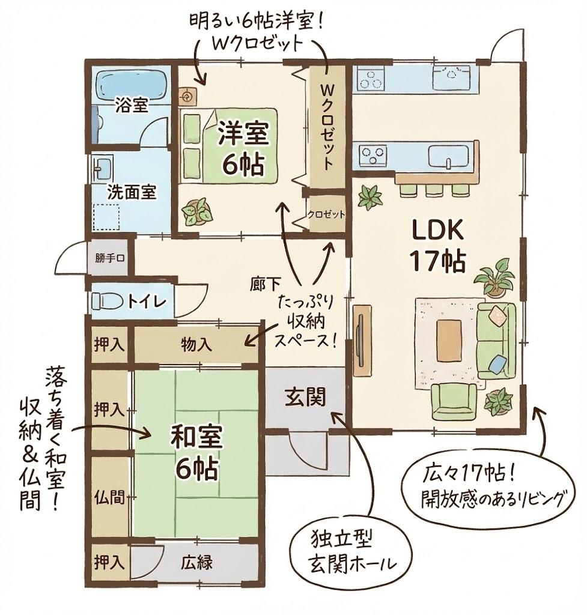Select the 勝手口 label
tap(109, 259)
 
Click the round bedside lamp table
tap(187, 94)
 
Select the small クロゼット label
tap(326, 214)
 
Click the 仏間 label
tap(109, 497)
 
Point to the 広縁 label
tap(197, 563)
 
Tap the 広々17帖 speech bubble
tap(491, 488)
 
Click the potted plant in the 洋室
tap(196, 211)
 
